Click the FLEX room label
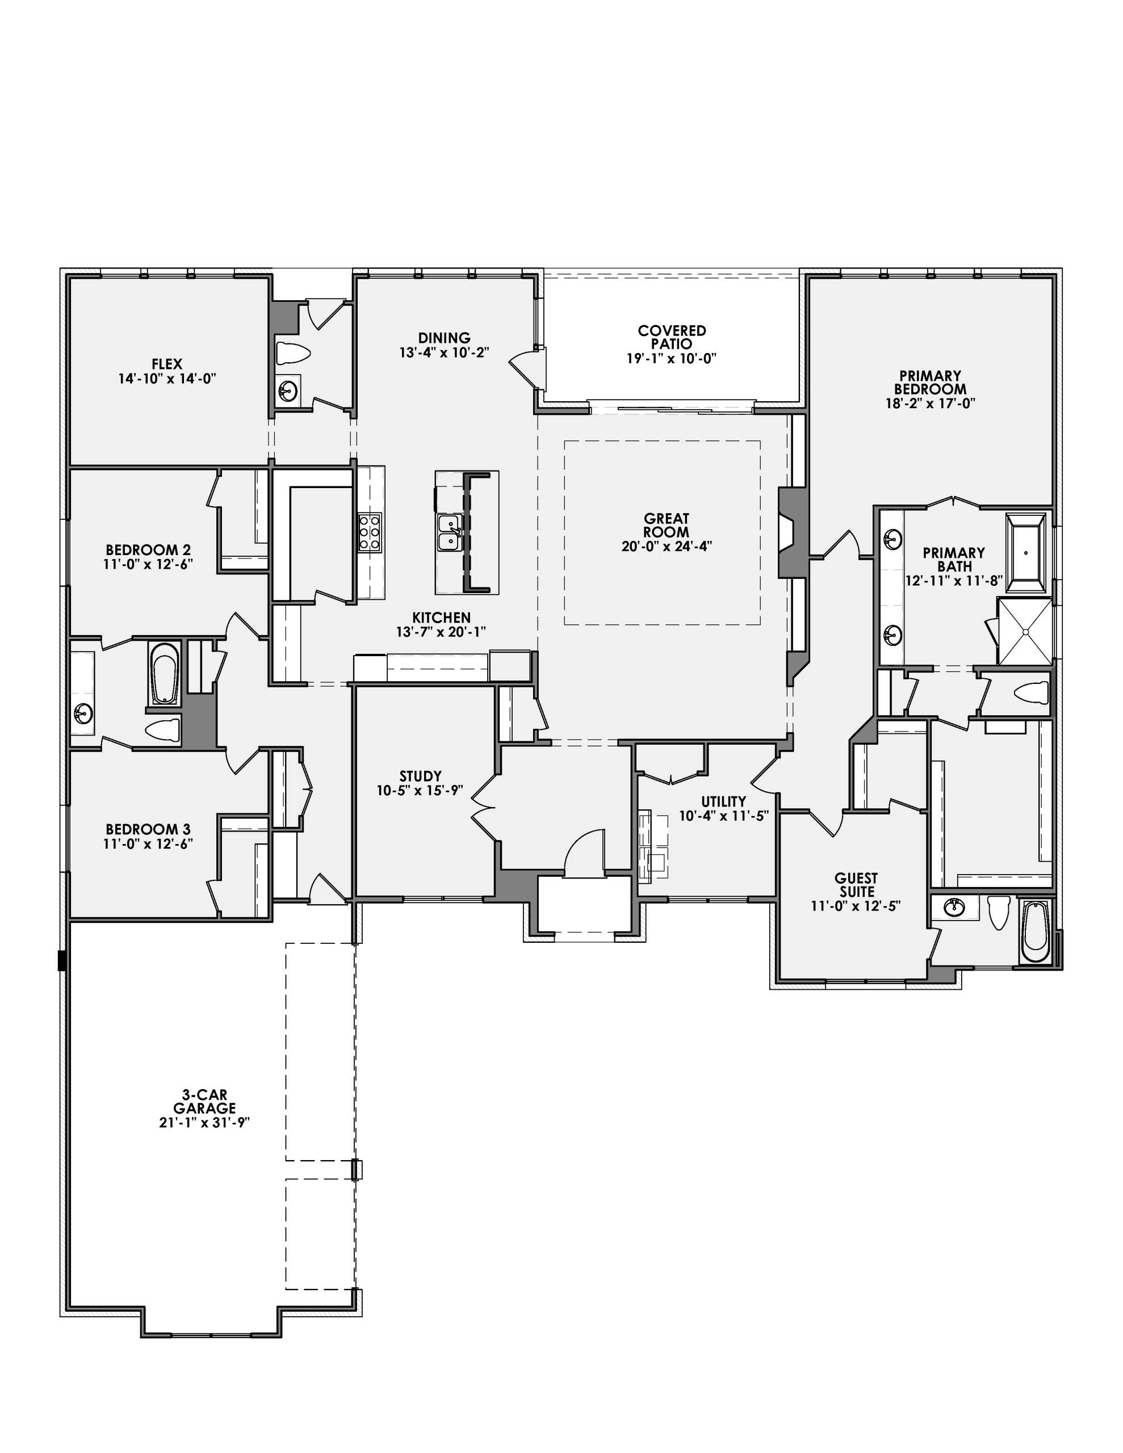click(x=166, y=364)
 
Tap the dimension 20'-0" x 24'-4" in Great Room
click(x=667, y=546)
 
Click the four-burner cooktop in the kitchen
click(x=370, y=532)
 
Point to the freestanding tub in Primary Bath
click(x=1025, y=552)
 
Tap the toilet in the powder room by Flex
click(x=293, y=353)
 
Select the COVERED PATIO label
click(x=672, y=337)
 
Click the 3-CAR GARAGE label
click(x=204, y=1102)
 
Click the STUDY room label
click(x=420, y=776)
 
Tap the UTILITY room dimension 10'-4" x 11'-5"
click(x=724, y=816)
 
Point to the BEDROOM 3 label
click(x=148, y=829)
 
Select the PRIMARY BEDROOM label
click(x=930, y=382)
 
